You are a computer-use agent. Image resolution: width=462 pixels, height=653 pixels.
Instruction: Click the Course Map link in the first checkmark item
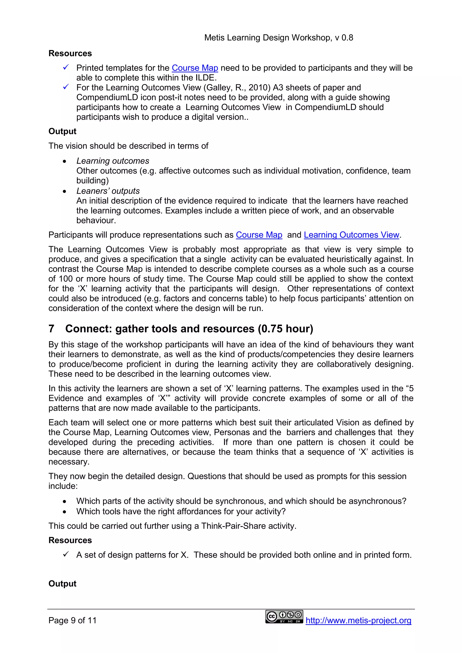pos(195,68)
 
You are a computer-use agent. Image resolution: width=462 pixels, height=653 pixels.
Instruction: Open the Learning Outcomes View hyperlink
pos(351,235)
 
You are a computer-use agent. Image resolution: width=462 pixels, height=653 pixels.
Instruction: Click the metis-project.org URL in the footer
pos(358,620)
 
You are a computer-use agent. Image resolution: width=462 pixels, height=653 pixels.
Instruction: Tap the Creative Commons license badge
pos(284,617)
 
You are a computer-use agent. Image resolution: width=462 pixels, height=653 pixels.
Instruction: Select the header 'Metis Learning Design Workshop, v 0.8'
pos(279,37)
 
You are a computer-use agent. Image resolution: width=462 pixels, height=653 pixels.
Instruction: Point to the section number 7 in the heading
pos(51,329)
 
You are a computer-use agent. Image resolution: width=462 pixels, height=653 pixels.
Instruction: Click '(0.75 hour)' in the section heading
pos(285,329)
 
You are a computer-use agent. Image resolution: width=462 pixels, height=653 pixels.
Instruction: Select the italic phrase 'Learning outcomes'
pos(113,161)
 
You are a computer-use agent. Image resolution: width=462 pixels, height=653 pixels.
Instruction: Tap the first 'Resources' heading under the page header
pos(70,53)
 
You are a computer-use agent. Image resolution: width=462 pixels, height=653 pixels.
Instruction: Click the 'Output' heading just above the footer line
pos(62,584)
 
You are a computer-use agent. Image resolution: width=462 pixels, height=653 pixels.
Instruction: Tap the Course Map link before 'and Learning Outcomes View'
pos(259,235)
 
